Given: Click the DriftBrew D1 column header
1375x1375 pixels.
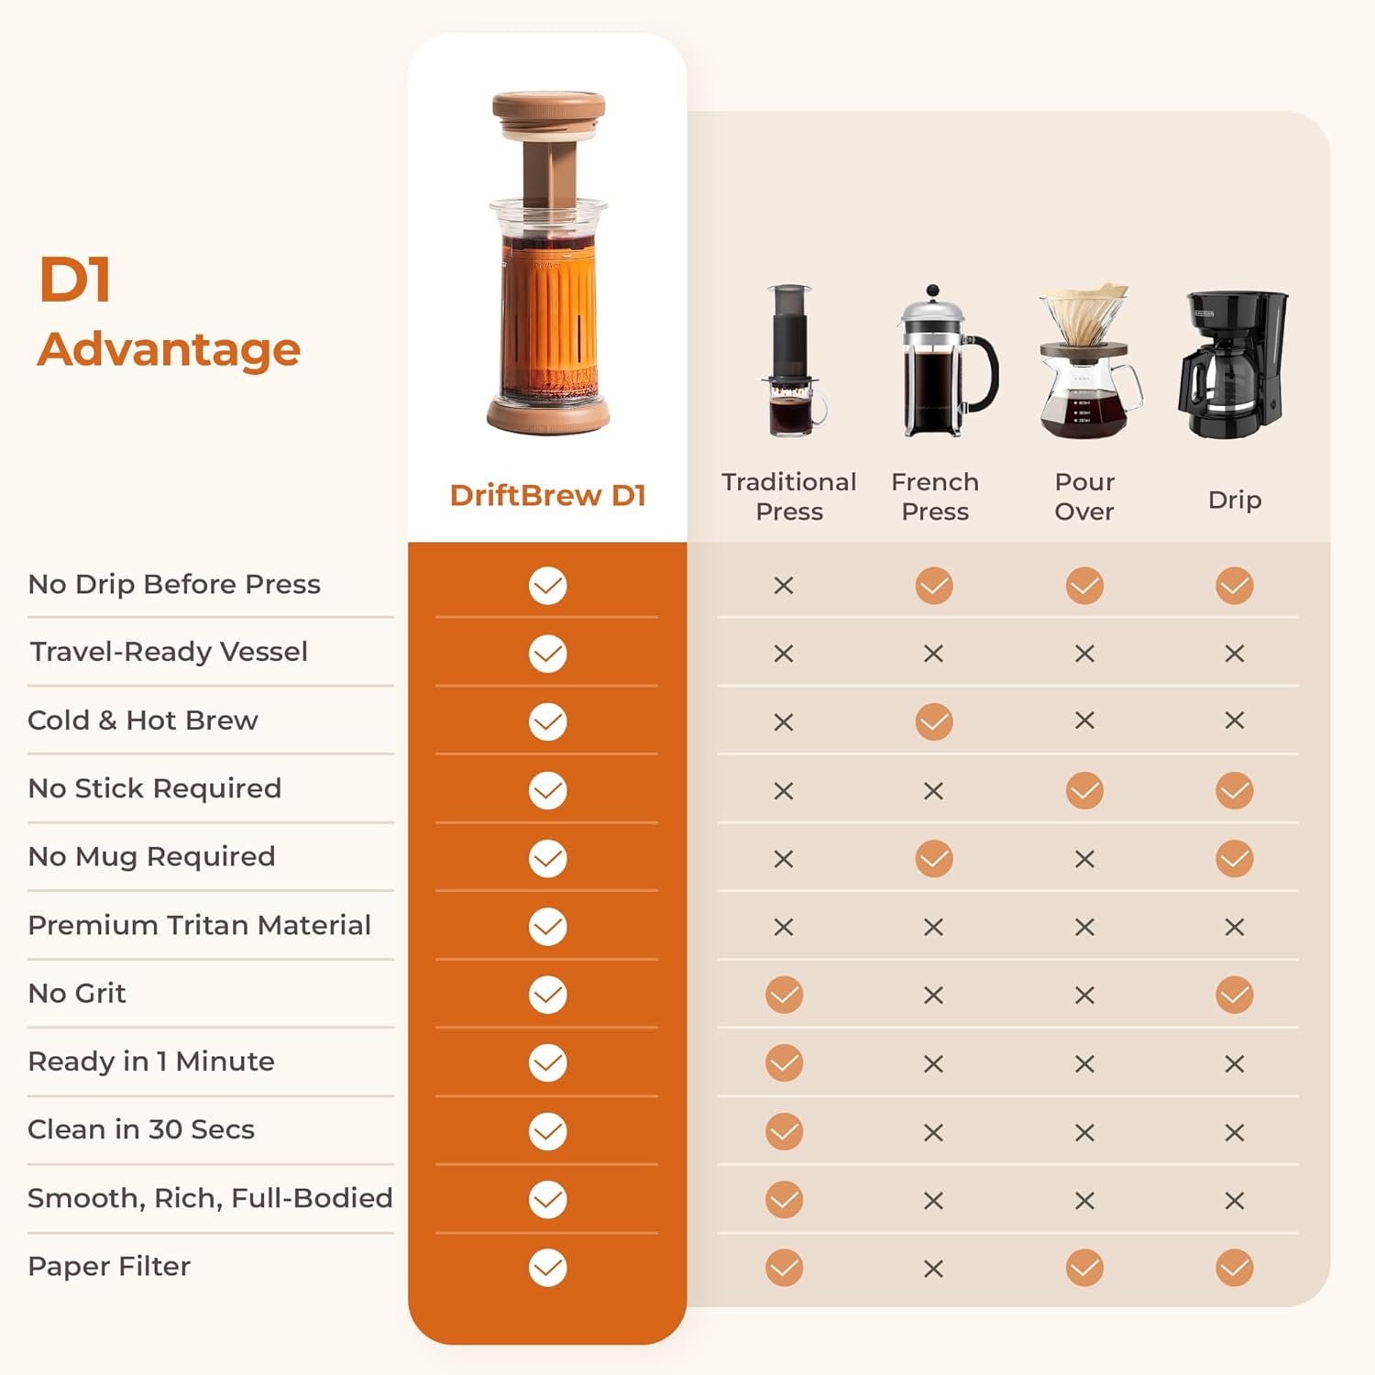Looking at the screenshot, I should pyautogui.click(x=547, y=495).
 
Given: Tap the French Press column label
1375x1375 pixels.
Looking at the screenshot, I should pyautogui.click(x=935, y=496).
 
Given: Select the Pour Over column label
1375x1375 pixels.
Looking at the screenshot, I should pyautogui.click(x=1084, y=496).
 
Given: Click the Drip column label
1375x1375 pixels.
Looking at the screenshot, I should pyautogui.click(x=1234, y=500).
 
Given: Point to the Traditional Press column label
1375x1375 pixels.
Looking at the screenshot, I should pyautogui.click(x=788, y=496).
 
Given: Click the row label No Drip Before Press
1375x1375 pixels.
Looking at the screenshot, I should pyautogui.click(x=174, y=584).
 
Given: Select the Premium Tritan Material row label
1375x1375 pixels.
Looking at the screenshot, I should pyautogui.click(x=199, y=925).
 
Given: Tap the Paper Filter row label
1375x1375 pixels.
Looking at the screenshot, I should pyautogui.click(x=109, y=1266).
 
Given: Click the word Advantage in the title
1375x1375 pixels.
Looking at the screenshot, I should pyautogui.click(x=170, y=349).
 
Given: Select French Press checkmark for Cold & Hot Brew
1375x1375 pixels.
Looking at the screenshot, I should pyautogui.click(x=934, y=721).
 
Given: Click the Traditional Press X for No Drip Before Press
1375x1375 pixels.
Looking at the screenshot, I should pyautogui.click(x=784, y=586).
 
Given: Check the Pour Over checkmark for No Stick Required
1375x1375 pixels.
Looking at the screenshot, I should pyautogui.click(x=1084, y=790).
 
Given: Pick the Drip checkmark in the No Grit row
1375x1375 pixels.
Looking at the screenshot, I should pyautogui.click(x=1234, y=995).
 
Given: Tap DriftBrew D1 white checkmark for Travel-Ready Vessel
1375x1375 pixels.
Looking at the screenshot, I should pyautogui.click(x=547, y=654).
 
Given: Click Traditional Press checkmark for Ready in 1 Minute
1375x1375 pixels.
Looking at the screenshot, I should pyautogui.click(x=784, y=1063).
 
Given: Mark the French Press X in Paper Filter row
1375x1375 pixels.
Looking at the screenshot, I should pyautogui.click(x=933, y=1269).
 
